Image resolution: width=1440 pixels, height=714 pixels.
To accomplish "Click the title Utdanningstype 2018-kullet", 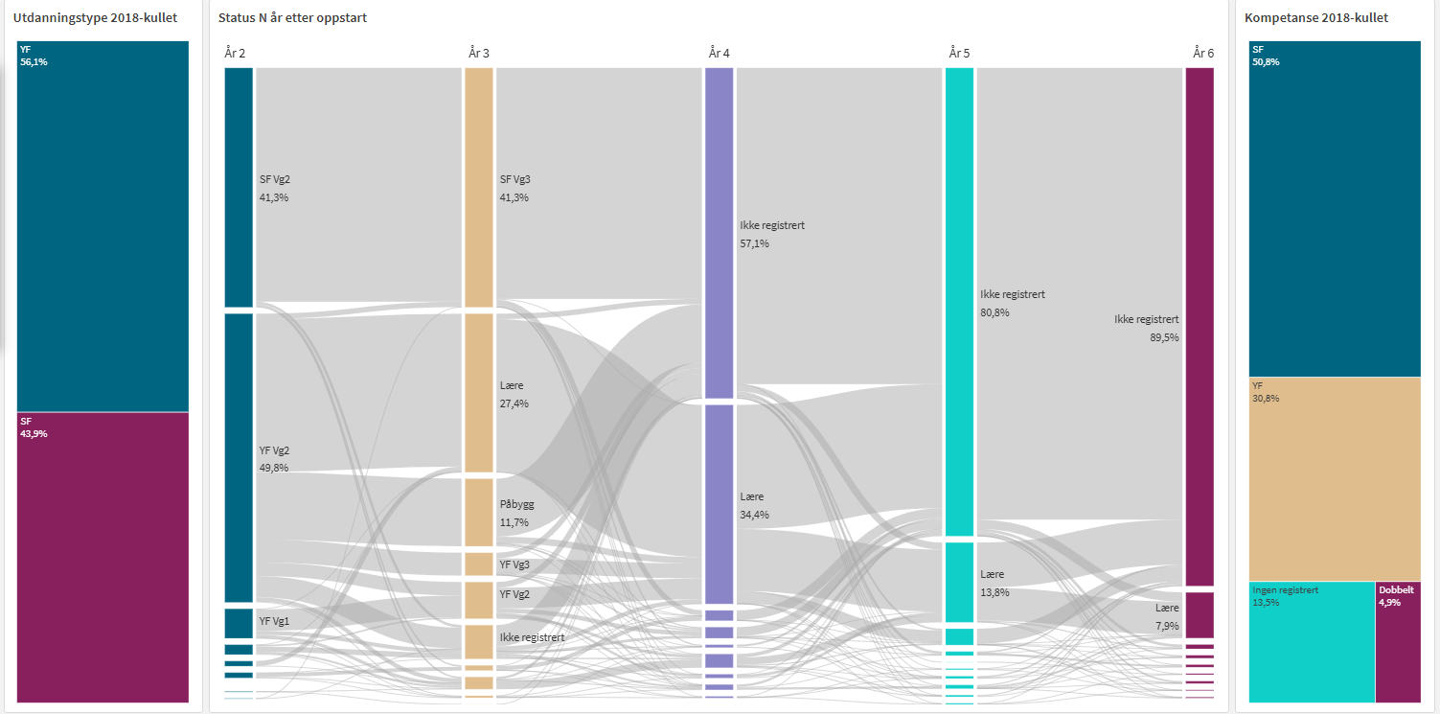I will pyautogui.click(x=95, y=17).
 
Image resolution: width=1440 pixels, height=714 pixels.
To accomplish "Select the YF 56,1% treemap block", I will pyautogui.click(x=103, y=225).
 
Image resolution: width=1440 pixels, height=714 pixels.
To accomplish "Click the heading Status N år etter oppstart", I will pyautogui.click(x=292, y=18).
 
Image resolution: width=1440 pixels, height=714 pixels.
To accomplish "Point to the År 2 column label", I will pyautogui.click(x=235, y=53).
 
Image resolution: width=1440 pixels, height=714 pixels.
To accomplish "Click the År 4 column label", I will pyautogui.click(x=719, y=53).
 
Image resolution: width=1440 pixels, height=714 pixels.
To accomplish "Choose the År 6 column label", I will pyautogui.click(x=1203, y=53).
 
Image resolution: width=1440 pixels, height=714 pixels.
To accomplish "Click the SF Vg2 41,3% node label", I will pyautogui.click(x=274, y=188).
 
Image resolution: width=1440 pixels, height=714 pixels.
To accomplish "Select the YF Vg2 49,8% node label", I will pyautogui.click(x=274, y=459).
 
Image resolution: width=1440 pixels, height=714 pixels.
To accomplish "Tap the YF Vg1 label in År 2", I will pyautogui.click(x=274, y=621).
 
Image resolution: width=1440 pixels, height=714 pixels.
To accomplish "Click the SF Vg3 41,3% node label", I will pyautogui.click(x=514, y=188).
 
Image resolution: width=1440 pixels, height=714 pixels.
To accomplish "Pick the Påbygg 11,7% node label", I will pyautogui.click(x=516, y=513).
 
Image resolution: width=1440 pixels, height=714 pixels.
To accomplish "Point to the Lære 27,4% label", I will pyautogui.click(x=514, y=394).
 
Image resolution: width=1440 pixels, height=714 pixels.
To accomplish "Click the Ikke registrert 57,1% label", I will pyautogui.click(x=771, y=234).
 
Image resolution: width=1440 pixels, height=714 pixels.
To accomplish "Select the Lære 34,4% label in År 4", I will pyautogui.click(x=754, y=505).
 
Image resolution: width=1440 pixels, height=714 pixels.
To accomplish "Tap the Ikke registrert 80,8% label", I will pyautogui.click(x=1012, y=303).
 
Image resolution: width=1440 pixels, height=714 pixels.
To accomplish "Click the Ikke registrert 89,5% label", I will pyautogui.click(x=1147, y=328).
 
